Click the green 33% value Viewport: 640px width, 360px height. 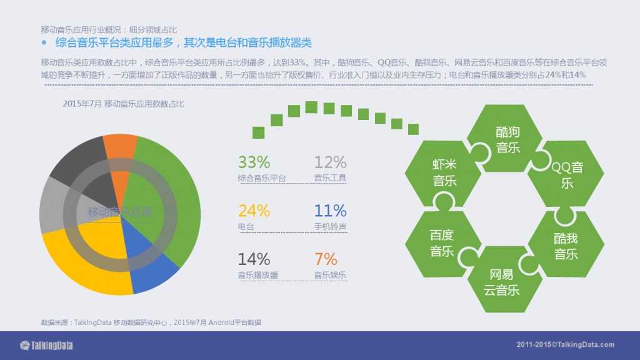[x=254, y=162]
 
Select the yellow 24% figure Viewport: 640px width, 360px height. [x=254, y=211]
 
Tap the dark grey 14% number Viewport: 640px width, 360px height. [x=254, y=259]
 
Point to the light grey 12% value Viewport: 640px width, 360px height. [x=330, y=162]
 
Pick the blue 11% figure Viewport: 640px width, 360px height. [x=330, y=211]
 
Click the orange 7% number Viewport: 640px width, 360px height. [x=326, y=259]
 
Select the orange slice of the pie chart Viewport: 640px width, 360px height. [x=119, y=147]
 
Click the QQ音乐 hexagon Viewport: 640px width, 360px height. [x=566, y=175]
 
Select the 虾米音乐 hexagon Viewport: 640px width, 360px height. [x=444, y=172]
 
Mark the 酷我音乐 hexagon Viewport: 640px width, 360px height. [x=566, y=246]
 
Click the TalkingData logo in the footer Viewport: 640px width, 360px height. [x=43, y=345]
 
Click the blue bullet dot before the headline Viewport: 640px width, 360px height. [x=44, y=43]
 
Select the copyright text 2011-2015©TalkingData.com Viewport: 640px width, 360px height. [x=565, y=345]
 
